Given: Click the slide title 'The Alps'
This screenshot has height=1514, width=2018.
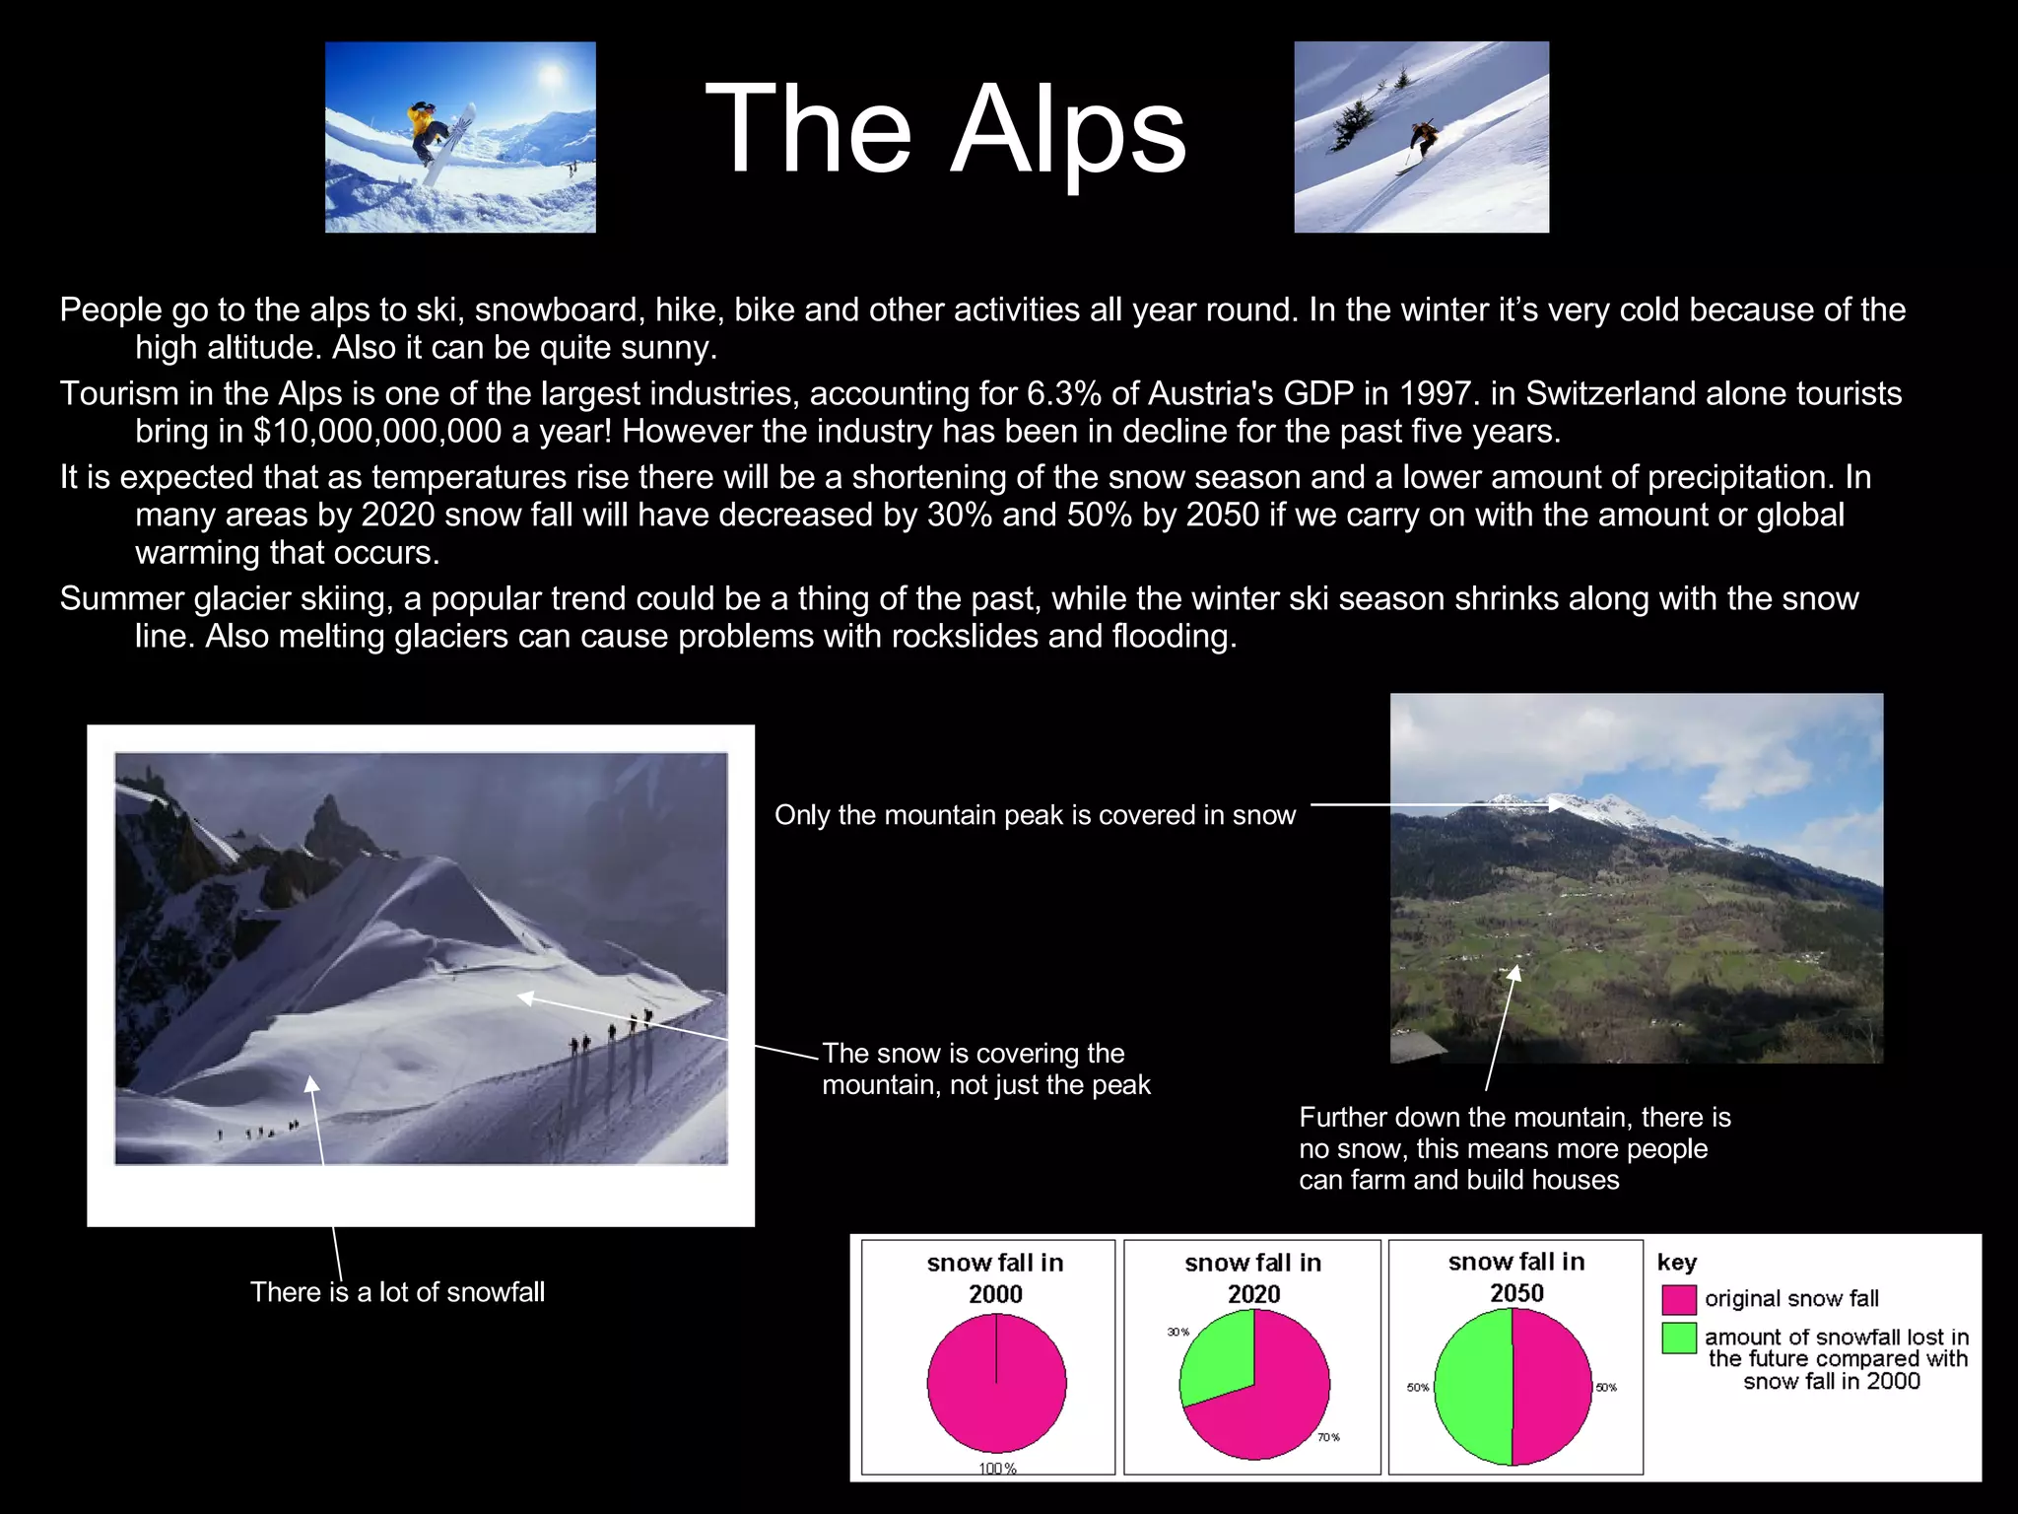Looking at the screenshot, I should tap(946, 130).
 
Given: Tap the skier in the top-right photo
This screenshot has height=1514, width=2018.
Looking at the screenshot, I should tap(1420, 141).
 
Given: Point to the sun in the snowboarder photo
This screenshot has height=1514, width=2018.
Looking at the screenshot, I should tap(550, 73).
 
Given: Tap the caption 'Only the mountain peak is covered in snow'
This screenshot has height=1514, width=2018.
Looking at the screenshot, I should tap(1035, 815).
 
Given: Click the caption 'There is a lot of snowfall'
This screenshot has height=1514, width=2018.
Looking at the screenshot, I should tap(397, 1292).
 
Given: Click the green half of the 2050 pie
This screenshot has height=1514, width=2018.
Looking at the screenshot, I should tap(1474, 1386).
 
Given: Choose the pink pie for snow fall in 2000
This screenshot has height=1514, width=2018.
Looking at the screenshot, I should tap(996, 1383).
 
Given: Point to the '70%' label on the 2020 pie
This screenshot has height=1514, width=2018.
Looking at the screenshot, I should tap(1328, 1437).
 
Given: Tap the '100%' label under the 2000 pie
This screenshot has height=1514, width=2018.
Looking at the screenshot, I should tap(997, 1468).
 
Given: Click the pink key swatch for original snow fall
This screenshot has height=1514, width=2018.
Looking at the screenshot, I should tap(1678, 1299).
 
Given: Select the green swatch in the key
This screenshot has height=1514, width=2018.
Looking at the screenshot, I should tap(1678, 1338).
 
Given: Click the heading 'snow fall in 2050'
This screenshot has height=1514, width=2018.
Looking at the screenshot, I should tap(1516, 1277).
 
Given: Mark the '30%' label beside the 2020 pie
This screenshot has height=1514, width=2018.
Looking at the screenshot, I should tap(1178, 1332).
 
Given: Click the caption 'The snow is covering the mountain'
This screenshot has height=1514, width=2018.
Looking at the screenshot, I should tap(985, 1068).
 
